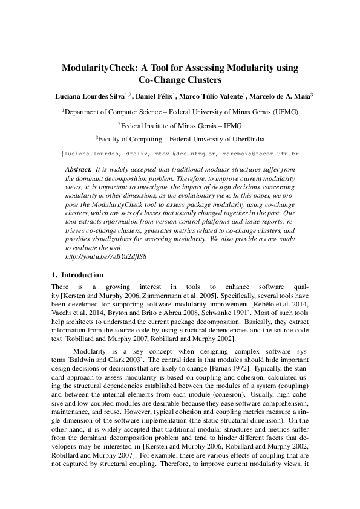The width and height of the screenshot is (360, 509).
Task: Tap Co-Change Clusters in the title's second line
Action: pyautogui.click(x=180, y=79)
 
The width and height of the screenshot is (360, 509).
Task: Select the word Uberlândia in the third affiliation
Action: pyautogui.click(x=243, y=138)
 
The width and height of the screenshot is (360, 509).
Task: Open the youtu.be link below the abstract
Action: pyautogui.click(x=105, y=256)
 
